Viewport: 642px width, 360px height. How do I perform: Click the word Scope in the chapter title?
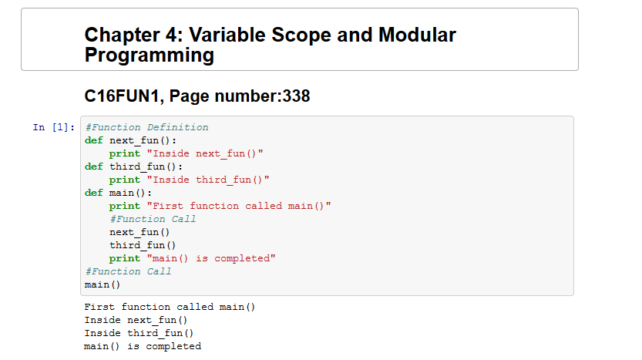(x=301, y=35)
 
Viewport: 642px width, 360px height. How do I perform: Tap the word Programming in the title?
(x=149, y=55)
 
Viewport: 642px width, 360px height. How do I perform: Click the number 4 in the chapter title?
(x=171, y=35)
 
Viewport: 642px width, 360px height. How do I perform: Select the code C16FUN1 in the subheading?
(x=121, y=96)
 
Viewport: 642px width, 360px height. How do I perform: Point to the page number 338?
(x=296, y=96)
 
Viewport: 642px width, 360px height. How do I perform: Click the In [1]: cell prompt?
(x=54, y=127)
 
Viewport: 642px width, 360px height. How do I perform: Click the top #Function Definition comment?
(x=146, y=127)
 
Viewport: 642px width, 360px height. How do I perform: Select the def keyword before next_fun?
(x=94, y=140)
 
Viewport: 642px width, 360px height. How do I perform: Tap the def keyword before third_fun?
(x=94, y=167)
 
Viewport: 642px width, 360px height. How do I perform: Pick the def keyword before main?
(x=94, y=193)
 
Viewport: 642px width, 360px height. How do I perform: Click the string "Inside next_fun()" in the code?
(x=205, y=153)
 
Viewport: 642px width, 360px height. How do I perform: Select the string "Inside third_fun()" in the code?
(x=208, y=180)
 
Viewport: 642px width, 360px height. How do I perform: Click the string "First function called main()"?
(x=239, y=206)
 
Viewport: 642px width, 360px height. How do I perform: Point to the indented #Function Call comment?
(x=153, y=219)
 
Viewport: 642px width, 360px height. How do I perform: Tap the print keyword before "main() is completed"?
(x=125, y=258)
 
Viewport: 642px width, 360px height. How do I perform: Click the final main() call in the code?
(x=103, y=284)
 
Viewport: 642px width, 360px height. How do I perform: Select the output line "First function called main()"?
(x=170, y=307)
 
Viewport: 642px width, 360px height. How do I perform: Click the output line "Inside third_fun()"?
(x=139, y=333)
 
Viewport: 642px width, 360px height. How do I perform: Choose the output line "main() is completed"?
(x=143, y=346)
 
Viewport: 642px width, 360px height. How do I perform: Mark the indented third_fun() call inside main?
(x=143, y=245)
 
